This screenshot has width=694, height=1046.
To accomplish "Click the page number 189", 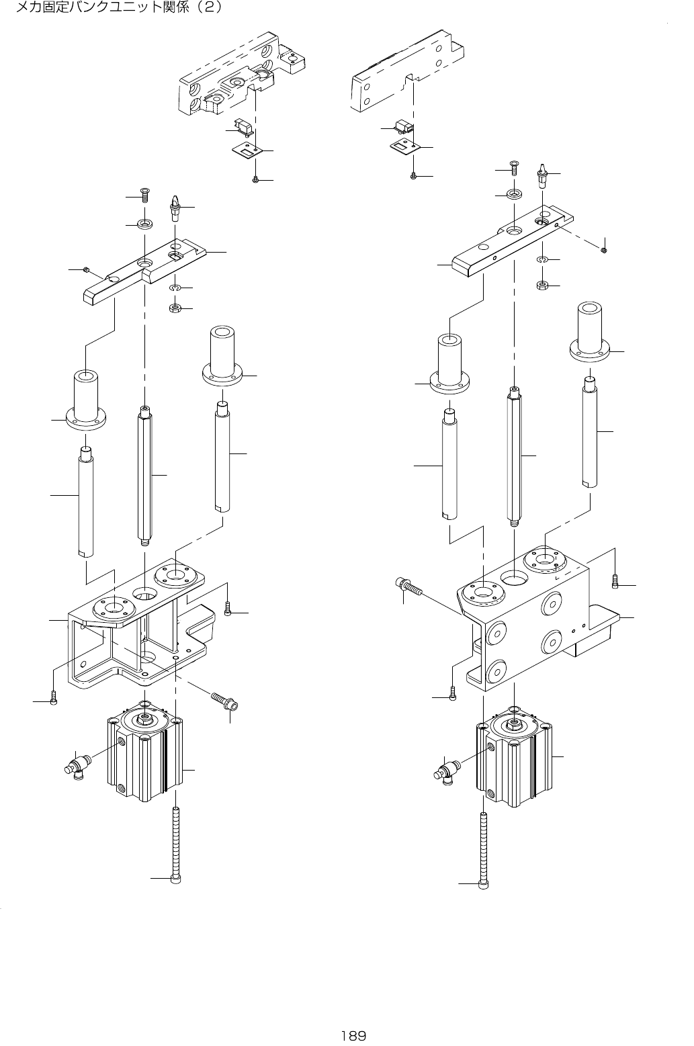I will pos(353,1035).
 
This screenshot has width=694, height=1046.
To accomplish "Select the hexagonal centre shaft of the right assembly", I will pos(514,457).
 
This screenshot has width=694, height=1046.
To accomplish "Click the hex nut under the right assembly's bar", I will pos(543,286).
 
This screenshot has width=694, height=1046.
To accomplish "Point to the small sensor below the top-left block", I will pos(243,126).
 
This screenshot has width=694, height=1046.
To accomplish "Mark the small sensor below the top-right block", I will pos(403,126).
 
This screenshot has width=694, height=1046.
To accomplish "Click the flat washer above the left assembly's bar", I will pos(144,222).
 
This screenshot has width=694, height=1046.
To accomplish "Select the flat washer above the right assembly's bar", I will pos(514,195).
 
